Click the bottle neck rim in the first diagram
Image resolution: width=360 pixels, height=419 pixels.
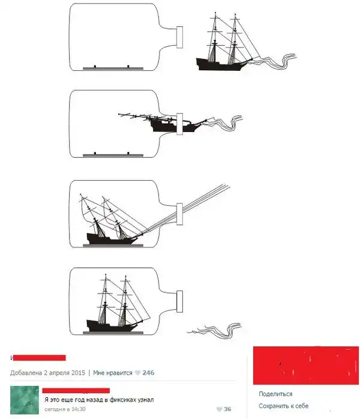pyautogui.click(x=179, y=37)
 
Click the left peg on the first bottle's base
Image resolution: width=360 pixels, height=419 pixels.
pyautogui.click(x=95, y=66)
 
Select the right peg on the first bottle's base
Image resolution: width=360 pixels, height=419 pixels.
pyautogui.click(x=128, y=66)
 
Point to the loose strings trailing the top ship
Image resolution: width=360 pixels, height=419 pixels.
pyautogui.click(x=275, y=61)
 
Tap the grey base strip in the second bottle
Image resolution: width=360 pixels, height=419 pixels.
pyautogui.click(x=113, y=155)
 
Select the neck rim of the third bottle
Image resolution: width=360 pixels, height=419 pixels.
pyautogui.click(x=179, y=214)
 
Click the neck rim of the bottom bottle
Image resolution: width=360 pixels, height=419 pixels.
pyautogui.click(x=179, y=301)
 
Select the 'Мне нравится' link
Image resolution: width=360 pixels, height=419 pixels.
pyautogui.click(x=112, y=373)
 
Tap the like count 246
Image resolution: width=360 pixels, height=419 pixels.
pyautogui.click(x=148, y=373)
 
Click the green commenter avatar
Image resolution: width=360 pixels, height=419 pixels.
pyautogui.click(x=25, y=400)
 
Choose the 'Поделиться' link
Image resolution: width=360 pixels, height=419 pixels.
pyautogui.click(x=275, y=394)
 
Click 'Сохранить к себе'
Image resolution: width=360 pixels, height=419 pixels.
pyautogui.click(x=284, y=406)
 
